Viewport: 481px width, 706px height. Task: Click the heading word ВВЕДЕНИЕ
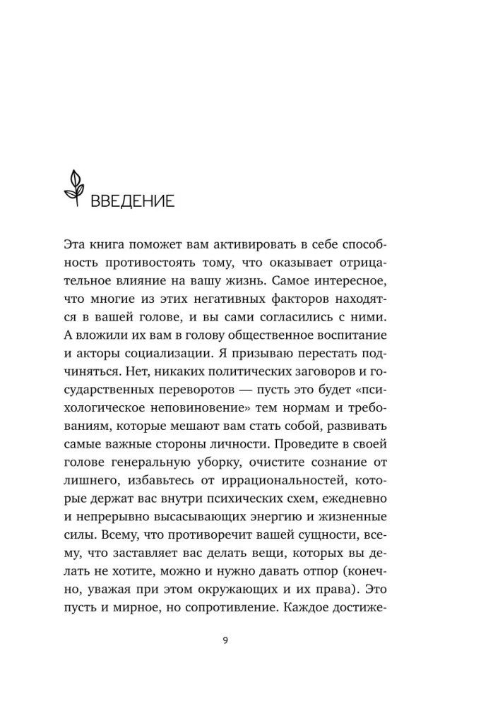pyautogui.click(x=132, y=201)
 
